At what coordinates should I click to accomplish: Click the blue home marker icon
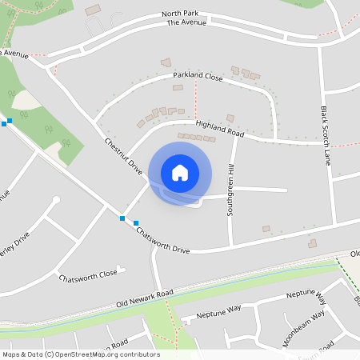(x=180, y=172)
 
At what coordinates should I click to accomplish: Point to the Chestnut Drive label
(x=123, y=157)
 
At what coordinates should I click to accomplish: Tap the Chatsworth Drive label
(x=162, y=240)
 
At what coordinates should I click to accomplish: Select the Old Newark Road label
(x=144, y=298)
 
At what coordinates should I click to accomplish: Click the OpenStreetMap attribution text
(x=81, y=354)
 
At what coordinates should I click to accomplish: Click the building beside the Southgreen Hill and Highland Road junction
(x=230, y=118)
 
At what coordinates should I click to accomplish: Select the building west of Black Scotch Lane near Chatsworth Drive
(x=312, y=243)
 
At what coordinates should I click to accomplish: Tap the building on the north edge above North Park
(x=94, y=10)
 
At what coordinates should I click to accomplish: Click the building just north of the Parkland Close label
(x=166, y=62)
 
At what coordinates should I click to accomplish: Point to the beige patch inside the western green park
(x=24, y=101)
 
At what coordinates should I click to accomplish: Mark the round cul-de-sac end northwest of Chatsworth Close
(x=54, y=201)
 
